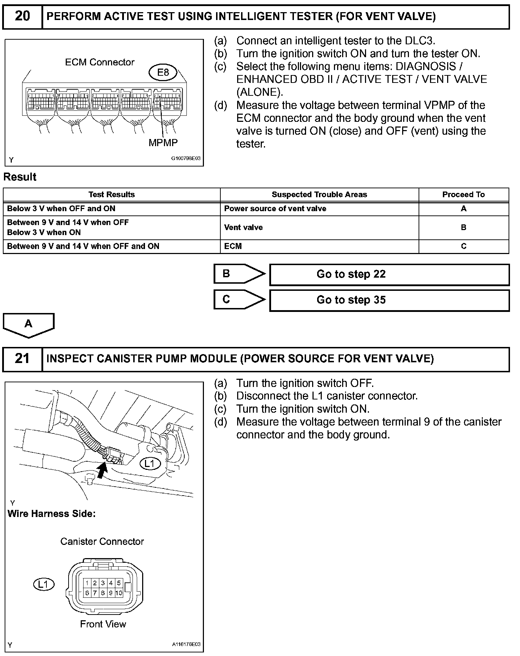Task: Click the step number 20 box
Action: pyautogui.click(x=22, y=16)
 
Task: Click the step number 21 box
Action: pyautogui.click(x=22, y=359)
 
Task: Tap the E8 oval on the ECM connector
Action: pyautogui.click(x=163, y=73)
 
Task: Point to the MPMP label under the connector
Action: pyautogui.click(x=163, y=143)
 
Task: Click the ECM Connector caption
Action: pyautogui.click(x=100, y=62)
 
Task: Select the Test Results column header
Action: pyautogui.click(x=111, y=194)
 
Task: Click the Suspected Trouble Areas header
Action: pyautogui.click(x=319, y=194)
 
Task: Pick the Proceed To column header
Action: pyautogui.click(x=463, y=194)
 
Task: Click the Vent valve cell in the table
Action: pyautogui.click(x=244, y=227)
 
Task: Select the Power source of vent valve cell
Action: pyautogui.click(x=275, y=209)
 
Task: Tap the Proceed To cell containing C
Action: pyautogui.click(x=464, y=246)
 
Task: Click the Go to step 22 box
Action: pyautogui.click(x=389, y=274)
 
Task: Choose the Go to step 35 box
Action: pyautogui.click(x=389, y=300)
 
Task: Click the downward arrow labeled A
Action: pyautogui.click(x=29, y=325)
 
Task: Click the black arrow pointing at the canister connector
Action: pyautogui.click(x=102, y=469)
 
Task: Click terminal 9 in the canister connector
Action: pyautogui.click(x=111, y=593)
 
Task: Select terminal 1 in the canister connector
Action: pyautogui.click(x=87, y=583)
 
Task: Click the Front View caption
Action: pyautogui.click(x=103, y=624)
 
